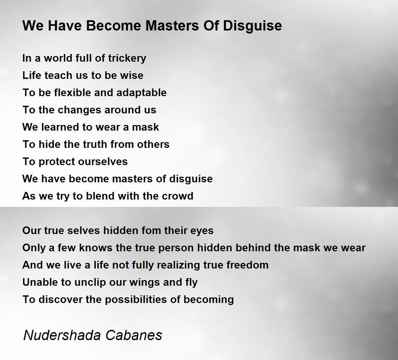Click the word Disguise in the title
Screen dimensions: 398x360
[x=252, y=26]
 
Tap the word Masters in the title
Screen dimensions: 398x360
[x=172, y=26]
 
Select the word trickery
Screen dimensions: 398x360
[x=127, y=59]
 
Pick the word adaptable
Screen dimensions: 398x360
[x=142, y=93]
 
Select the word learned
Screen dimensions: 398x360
[x=60, y=127]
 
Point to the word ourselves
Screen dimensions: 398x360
[x=103, y=162]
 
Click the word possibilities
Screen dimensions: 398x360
[x=136, y=300]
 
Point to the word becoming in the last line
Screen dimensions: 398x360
[x=209, y=300]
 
